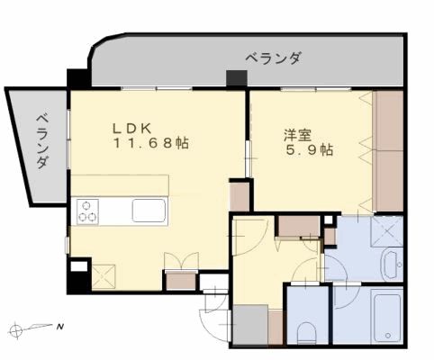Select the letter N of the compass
point(59,326)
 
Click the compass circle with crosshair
point(19,327)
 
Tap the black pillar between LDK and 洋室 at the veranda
point(237,78)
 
